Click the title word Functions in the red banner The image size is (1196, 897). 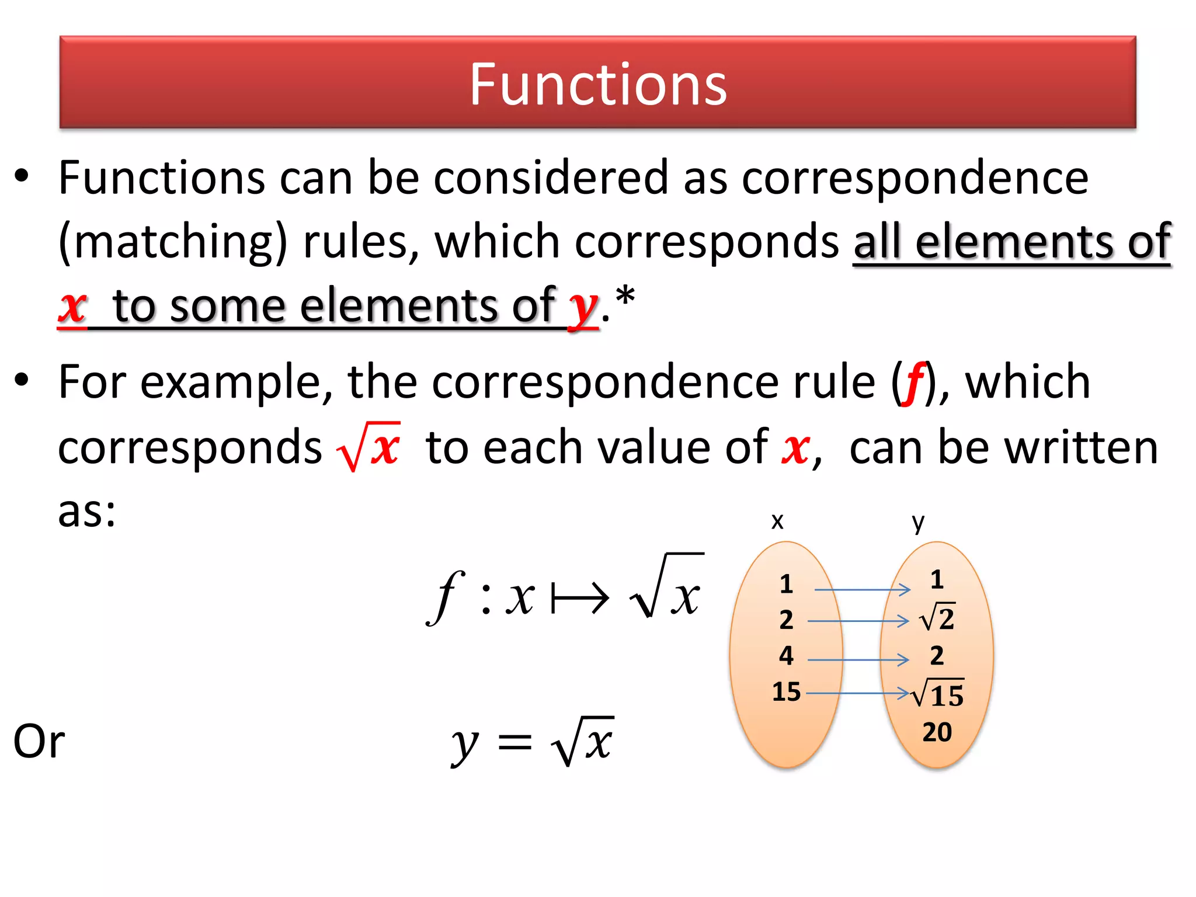598,85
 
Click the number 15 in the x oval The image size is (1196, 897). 786,692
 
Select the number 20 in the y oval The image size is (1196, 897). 937,732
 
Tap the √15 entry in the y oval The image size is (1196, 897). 938,694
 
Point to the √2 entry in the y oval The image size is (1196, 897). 938,618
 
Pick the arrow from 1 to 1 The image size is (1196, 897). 862,590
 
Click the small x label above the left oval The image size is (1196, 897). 777,521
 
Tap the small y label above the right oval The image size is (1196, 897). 918,522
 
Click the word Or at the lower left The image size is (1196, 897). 39,741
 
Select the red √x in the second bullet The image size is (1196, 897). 369,448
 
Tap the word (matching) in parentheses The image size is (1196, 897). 173,242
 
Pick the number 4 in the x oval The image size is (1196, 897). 786,656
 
